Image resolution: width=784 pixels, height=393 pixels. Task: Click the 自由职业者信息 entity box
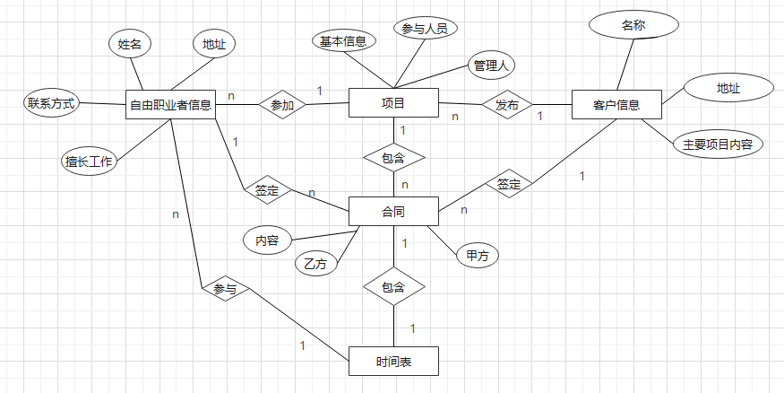[170, 104]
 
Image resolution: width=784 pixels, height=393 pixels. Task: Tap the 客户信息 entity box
[616, 105]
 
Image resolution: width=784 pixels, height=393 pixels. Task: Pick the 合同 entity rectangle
[392, 212]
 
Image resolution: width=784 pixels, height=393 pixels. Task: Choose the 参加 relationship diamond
[282, 105]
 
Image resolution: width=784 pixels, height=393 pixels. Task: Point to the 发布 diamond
[506, 105]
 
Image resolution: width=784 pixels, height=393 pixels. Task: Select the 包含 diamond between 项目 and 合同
[393, 157]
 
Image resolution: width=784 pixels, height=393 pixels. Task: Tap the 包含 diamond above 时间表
[393, 288]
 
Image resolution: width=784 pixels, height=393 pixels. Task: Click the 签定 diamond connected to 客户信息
[509, 184]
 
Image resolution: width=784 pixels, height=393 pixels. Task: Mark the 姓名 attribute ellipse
[130, 43]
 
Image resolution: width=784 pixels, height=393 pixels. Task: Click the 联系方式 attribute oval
[50, 103]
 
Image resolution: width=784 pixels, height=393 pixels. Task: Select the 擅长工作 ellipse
[88, 162]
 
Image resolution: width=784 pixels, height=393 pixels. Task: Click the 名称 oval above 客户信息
[633, 25]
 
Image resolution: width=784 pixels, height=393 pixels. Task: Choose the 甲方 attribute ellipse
[477, 256]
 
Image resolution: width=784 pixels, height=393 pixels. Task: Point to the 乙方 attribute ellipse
[315, 264]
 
